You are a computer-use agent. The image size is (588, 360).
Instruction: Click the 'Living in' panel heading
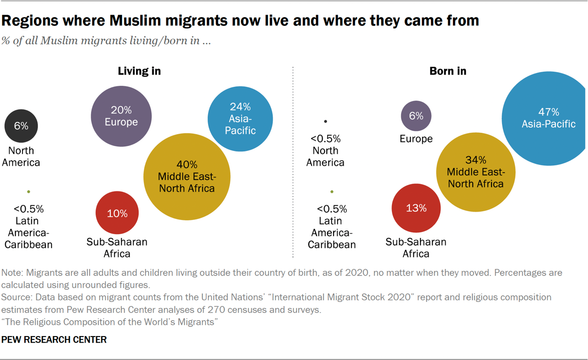click(139, 71)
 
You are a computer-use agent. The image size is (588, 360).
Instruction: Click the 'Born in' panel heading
click(447, 71)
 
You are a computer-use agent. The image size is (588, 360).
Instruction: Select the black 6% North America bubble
click(21, 125)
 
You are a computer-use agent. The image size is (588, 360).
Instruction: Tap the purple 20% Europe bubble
click(121, 116)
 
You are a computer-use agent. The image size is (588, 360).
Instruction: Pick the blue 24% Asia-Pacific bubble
click(240, 118)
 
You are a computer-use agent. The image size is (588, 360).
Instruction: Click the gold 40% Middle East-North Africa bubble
click(187, 176)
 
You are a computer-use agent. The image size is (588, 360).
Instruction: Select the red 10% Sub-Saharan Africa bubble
click(117, 213)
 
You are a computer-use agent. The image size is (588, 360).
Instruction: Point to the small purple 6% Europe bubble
click(416, 116)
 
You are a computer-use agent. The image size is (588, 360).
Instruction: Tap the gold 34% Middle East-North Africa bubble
click(475, 172)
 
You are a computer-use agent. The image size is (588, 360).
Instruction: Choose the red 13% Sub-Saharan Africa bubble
click(416, 208)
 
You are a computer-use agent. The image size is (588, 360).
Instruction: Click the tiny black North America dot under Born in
click(326, 121)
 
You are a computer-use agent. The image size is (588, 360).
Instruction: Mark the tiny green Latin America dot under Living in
click(28, 191)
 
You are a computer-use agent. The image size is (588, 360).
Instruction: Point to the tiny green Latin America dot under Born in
click(332, 191)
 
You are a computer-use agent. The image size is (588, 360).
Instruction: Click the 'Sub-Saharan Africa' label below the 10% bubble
click(117, 247)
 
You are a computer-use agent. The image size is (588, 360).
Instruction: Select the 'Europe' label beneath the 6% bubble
click(416, 139)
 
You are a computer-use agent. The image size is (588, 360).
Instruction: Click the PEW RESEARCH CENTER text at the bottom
click(54, 340)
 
